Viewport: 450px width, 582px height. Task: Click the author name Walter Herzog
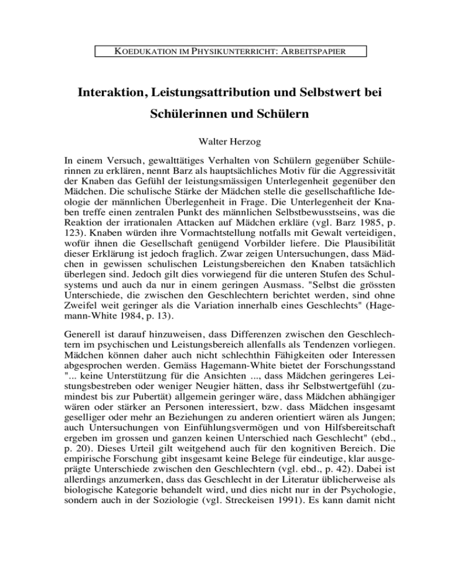coord(225,141)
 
